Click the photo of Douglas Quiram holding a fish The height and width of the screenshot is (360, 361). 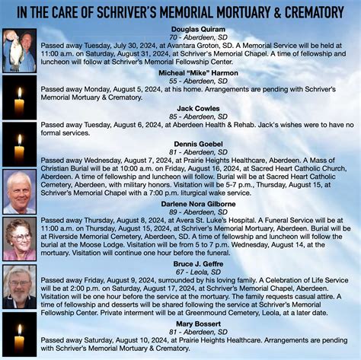tap(18, 48)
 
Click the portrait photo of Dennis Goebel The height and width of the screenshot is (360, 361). tap(18, 191)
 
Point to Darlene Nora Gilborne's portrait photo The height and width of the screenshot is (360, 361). tap(18, 239)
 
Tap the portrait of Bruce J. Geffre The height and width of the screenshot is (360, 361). tap(18, 286)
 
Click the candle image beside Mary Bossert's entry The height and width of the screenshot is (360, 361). tap(18, 336)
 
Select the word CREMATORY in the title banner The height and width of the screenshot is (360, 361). tap(313, 11)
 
